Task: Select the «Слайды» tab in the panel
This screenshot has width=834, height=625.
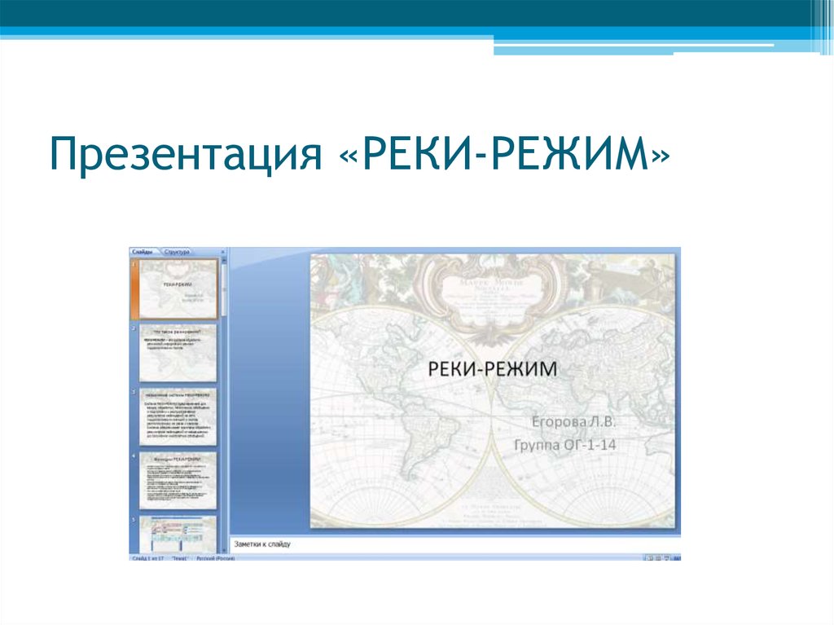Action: click(x=143, y=253)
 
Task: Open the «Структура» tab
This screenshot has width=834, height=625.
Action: click(x=177, y=253)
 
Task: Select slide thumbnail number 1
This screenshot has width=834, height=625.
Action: click(x=178, y=288)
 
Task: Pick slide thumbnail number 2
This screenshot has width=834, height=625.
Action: click(x=178, y=352)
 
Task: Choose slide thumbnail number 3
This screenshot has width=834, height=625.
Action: click(x=178, y=416)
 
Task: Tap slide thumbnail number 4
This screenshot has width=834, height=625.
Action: click(x=178, y=481)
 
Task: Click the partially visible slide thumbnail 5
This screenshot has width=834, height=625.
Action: click(x=178, y=534)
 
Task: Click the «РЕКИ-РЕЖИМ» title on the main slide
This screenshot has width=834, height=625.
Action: click(x=494, y=369)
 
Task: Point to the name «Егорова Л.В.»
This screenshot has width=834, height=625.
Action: click(x=575, y=422)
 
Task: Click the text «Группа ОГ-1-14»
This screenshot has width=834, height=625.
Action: click(x=565, y=445)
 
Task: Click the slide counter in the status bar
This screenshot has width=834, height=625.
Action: click(x=148, y=558)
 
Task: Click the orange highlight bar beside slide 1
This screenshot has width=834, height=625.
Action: click(x=134, y=288)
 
